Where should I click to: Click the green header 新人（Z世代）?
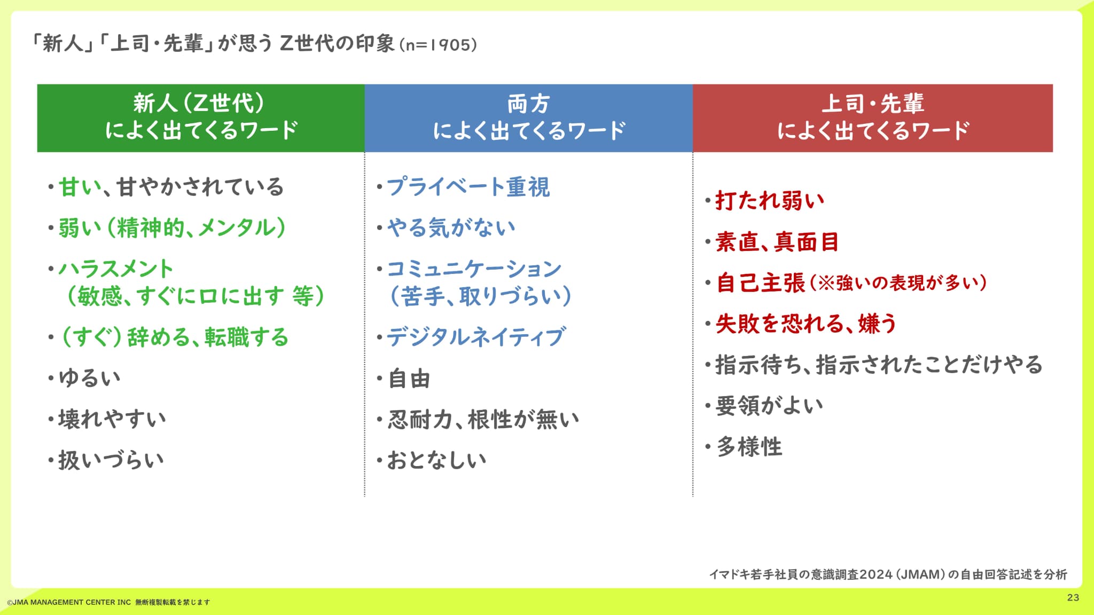[199, 104]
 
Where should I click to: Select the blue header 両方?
[528, 104]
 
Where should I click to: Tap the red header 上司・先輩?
[872, 104]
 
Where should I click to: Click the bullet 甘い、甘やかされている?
[171, 187]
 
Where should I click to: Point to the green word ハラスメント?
[116, 269]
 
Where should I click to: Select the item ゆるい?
[90, 378]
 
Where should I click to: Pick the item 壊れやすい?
[112, 419]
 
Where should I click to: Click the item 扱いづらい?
[111, 460]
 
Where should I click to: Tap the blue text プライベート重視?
[468, 187]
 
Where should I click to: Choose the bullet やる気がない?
[451, 228]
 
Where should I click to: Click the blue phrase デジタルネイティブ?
[475, 337]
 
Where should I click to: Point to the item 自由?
[409, 379]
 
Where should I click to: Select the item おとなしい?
[436, 460]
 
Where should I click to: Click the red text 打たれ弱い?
[770, 201]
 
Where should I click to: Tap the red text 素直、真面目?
[777, 242]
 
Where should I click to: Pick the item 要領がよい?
[769, 406]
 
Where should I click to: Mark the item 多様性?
[749, 447]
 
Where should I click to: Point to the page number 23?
[1073, 597]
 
